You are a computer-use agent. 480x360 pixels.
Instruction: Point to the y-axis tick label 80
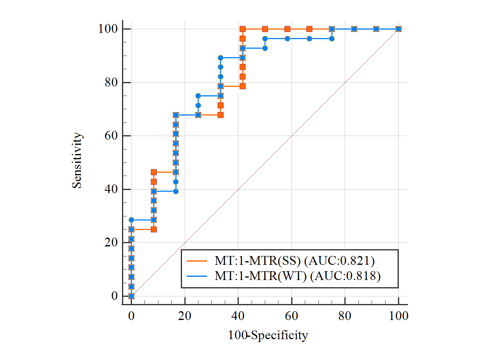[110, 83]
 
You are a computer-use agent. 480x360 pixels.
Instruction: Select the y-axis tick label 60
[110, 136]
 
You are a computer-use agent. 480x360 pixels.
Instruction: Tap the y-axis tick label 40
[110, 190]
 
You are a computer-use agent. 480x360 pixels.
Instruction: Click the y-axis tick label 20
[110, 243]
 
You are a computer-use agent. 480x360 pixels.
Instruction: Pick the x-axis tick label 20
[185, 316]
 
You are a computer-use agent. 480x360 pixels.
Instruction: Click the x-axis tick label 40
[238, 316]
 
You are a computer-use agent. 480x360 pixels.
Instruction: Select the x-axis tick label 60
[292, 316]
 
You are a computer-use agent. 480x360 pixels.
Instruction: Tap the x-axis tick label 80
[345, 316]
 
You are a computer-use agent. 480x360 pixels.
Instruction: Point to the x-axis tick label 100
[398, 316]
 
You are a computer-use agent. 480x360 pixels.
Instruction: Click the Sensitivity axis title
[78, 160]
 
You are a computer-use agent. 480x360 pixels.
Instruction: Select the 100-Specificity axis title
[268, 335]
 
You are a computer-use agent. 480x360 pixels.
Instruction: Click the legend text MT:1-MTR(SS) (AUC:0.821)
[294, 261]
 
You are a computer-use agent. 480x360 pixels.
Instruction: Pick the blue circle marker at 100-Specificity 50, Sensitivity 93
[265, 48]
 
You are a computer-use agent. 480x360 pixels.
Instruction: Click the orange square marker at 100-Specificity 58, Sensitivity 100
[287, 29]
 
